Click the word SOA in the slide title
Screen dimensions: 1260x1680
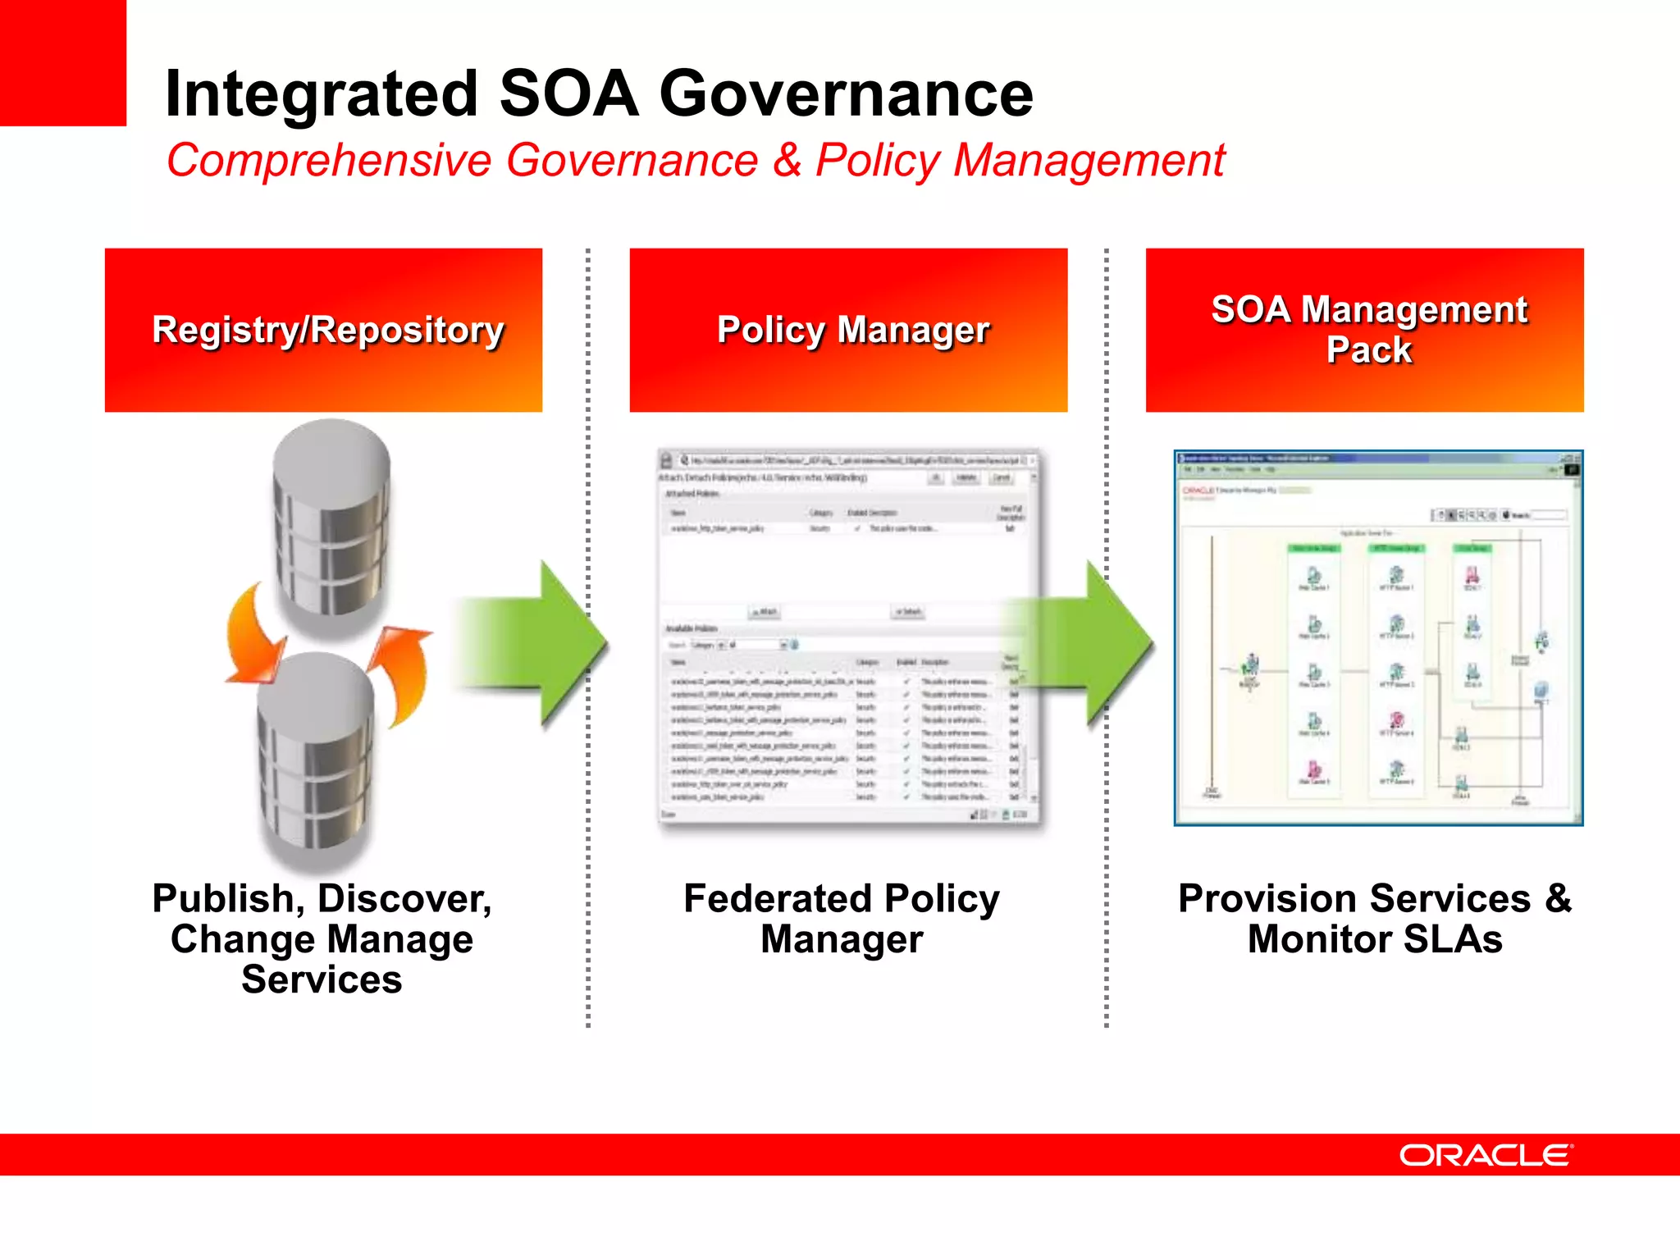click(568, 94)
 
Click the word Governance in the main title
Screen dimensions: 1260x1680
click(846, 94)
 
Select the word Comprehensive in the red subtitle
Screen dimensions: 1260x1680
click(328, 160)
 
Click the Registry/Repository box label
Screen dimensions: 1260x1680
click(327, 331)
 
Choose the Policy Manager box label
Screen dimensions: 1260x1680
click(853, 331)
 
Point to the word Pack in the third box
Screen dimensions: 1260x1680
click(1368, 351)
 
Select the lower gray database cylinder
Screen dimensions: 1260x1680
click(316, 759)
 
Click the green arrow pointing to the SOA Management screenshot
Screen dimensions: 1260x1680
click(1091, 644)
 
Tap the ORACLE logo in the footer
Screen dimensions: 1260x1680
click(1486, 1155)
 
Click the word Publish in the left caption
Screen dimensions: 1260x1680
click(223, 899)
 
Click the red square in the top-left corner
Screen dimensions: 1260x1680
click(62, 62)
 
